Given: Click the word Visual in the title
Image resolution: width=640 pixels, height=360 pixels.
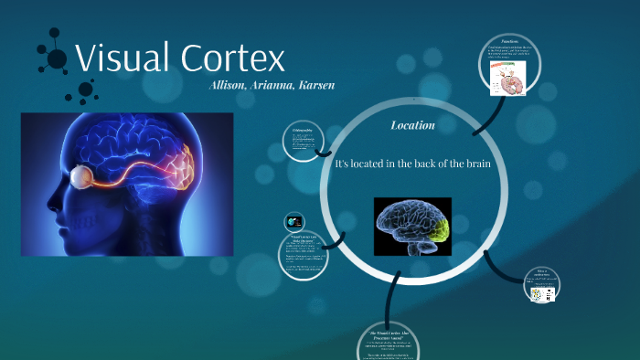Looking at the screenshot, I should pos(120,58).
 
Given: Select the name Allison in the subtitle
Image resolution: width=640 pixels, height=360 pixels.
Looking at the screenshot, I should pos(229,85).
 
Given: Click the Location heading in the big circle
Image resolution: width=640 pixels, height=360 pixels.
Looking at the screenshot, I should pos(412,125).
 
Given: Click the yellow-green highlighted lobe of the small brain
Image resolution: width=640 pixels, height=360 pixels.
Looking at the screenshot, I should pos(440,233).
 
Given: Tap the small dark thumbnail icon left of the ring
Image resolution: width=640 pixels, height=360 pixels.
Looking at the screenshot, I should pos(294,222).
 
